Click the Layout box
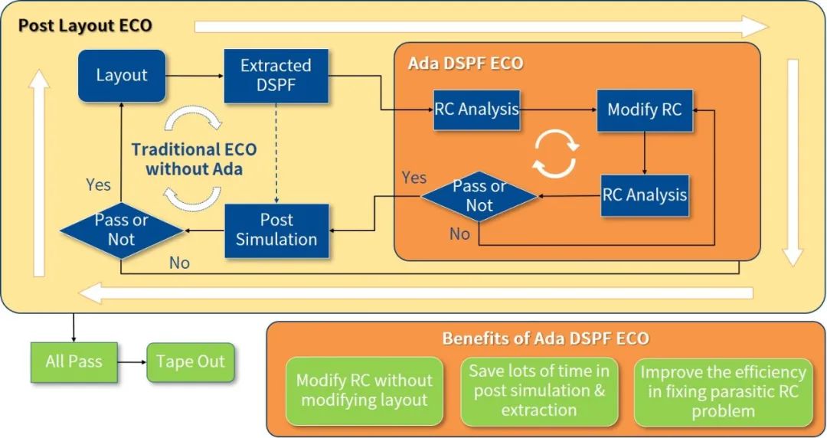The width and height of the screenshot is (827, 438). pos(122,76)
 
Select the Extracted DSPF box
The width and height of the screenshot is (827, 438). pos(276,76)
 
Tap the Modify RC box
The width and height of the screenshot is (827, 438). pos(645,110)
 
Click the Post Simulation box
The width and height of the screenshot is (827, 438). pos(277,230)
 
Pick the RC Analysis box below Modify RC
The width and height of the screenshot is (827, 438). pos(645,195)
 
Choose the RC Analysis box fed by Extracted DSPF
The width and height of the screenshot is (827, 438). pos(477,109)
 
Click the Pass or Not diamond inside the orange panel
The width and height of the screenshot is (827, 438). pos(479,196)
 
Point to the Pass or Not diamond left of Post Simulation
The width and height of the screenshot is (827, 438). pos(122,230)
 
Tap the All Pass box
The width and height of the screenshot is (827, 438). pos(74,361)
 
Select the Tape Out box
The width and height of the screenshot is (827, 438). pos(191,361)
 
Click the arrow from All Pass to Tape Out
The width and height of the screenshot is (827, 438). pos(132,362)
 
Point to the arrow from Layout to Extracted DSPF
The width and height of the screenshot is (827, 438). pos(195,76)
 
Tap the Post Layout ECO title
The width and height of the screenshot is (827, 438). pos(85,25)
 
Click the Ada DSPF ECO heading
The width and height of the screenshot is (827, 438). pos(466,64)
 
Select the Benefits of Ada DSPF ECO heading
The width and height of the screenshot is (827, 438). pos(545,338)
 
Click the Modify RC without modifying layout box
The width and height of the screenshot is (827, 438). pos(364,391)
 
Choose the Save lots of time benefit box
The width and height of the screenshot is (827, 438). pos(539,391)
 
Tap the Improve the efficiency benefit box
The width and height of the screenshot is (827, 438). pos(723,391)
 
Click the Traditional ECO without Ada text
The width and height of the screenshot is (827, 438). pos(194,159)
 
